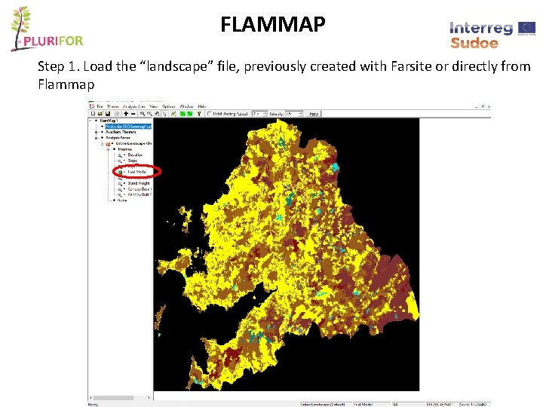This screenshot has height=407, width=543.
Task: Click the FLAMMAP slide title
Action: click(272, 25)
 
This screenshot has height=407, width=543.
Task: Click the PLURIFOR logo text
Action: click(51, 41)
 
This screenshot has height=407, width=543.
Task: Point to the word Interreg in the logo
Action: click(481, 28)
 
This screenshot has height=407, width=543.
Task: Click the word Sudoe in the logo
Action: click(474, 43)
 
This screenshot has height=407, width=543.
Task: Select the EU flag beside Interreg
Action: click(526, 28)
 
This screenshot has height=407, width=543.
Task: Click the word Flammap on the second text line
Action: click(66, 84)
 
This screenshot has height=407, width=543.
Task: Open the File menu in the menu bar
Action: click(100, 106)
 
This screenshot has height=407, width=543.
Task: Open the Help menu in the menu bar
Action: click(202, 106)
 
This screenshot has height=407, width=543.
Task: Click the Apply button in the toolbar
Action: click(314, 114)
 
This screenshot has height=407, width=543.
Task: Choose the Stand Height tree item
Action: click(138, 183)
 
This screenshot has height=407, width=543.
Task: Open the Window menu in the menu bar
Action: click(186, 106)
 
